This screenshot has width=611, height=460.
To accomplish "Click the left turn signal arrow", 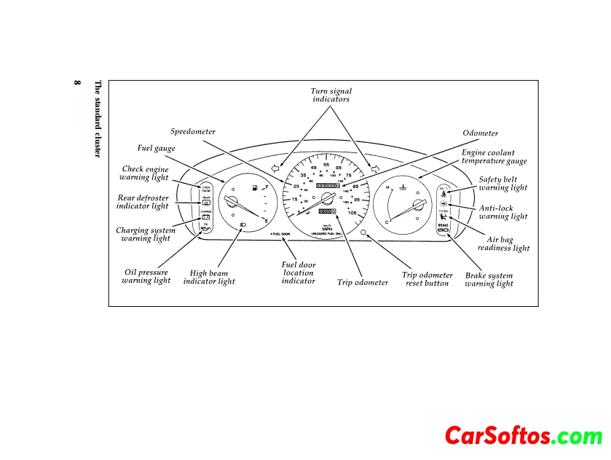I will click(275, 169).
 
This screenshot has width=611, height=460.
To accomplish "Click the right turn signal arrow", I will click(376, 169).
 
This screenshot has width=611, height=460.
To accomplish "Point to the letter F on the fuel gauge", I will click(267, 187).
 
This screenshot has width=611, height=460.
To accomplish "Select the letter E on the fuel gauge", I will click(267, 221).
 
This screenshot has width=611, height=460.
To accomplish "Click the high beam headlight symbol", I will click(243, 224).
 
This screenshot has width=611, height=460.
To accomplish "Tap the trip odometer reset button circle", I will click(363, 232).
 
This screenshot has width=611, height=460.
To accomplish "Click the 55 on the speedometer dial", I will click(327, 165).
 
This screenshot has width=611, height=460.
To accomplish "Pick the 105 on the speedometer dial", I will click(352, 213).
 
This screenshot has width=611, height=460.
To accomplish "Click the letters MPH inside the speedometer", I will click(327, 227).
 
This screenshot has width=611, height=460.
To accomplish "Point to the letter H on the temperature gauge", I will click(388, 187).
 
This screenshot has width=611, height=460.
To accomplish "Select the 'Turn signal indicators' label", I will click(331, 95).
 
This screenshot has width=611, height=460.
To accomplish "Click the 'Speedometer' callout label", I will click(193, 132).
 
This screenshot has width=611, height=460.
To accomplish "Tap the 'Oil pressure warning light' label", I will click(146, 276).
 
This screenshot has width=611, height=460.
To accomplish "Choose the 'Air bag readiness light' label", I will click(503, 243).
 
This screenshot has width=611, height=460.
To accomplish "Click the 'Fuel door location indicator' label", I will click(299, 273).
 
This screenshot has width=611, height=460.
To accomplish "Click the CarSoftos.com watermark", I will click(523, 436).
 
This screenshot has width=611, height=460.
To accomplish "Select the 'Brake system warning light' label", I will click(489, 280).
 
